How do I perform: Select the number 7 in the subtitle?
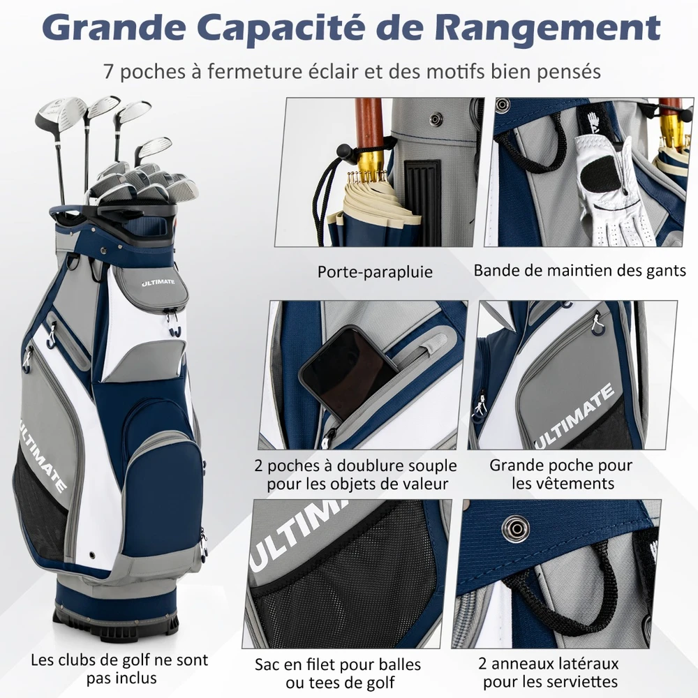tap(107, 72)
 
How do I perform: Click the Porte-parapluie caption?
tap(375, 272)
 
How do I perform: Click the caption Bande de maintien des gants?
tap(579, 270)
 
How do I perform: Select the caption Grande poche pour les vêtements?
tap(562, 474)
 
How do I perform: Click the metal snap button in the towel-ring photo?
tap(517, 528)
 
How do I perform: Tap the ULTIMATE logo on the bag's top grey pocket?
tap(158, 283)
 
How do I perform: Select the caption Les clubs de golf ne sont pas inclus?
tap(120, 669)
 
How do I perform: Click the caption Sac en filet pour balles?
tap(338, 664)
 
